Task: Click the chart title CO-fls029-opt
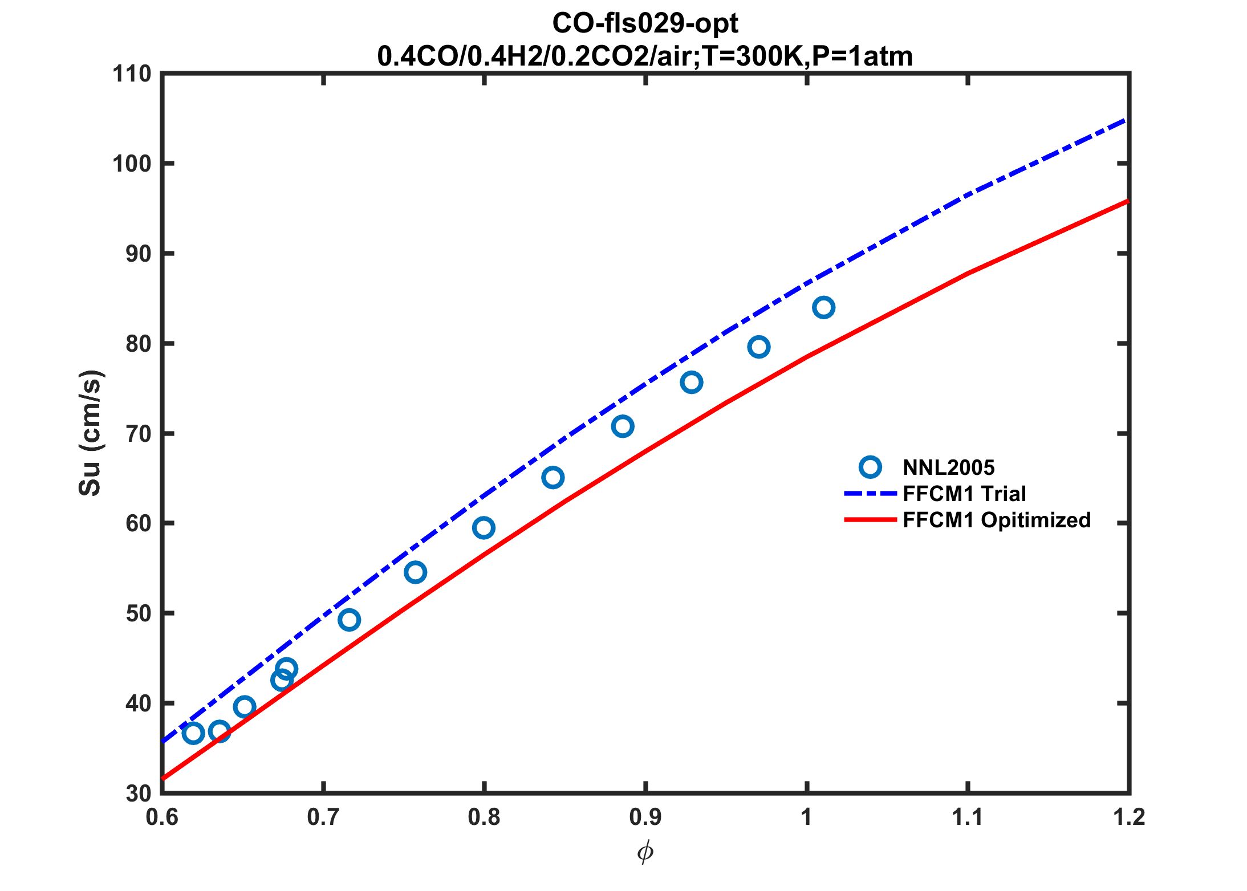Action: tap(645, 23)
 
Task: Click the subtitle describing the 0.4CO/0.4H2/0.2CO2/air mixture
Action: tap(645, 56)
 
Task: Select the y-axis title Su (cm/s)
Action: tap(90, 433)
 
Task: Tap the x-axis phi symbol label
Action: tap(645, 853)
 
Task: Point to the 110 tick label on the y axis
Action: tap(132, 74)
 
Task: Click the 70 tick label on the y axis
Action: tap(138, 434)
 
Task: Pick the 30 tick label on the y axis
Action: tap(138, 793)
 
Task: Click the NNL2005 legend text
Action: tap(949, 468)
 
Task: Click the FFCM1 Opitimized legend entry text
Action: tap(997, 520)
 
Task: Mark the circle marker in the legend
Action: tap(870, 467)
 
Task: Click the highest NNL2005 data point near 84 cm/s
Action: tap(823, 308)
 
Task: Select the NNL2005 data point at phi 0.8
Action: tap(484, 528)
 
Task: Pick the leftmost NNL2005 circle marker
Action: tap(193, 733)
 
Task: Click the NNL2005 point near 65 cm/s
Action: tap(553, 478)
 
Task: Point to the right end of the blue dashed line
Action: tap(1126, 120)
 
